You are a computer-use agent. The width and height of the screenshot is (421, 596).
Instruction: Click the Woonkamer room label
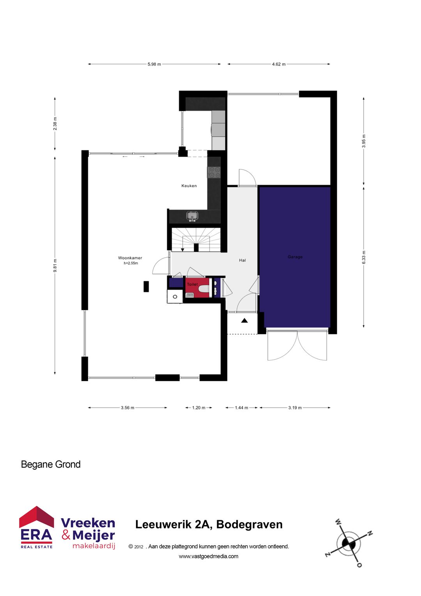pos(130,258)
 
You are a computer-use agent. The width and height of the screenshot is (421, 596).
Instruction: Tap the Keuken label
pos(189,186)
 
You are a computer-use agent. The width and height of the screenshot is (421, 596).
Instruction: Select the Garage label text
pos(295,257)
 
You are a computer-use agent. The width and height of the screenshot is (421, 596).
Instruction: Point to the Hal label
pos(242,260)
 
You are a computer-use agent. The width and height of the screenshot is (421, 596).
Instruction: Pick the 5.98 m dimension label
pos(154,64)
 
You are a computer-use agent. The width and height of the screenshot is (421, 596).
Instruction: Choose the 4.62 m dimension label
pos(279,64)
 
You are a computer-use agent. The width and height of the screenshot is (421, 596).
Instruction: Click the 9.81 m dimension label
pos(55,266)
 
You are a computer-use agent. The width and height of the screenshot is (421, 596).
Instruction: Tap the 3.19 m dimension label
pos(295,408)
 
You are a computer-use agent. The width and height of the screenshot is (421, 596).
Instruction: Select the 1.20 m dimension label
pos(198,408)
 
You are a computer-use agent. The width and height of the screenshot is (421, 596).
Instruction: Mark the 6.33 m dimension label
pos(364,257)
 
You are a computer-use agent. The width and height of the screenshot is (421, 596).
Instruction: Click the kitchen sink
pos(192,215)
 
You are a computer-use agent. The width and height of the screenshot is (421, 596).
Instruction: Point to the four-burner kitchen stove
pos(214,172)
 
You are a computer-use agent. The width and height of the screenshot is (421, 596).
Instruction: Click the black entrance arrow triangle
pos(244,320)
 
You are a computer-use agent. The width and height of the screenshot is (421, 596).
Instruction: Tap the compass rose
pos(348,543)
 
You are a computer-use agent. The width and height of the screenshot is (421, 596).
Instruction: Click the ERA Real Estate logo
pos(36,527)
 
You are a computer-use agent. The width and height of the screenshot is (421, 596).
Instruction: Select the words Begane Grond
pos(51,464)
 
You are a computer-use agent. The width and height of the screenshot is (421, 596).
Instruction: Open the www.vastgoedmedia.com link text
pos(209,556)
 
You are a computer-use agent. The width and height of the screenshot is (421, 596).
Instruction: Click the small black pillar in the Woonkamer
pos(146,286)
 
